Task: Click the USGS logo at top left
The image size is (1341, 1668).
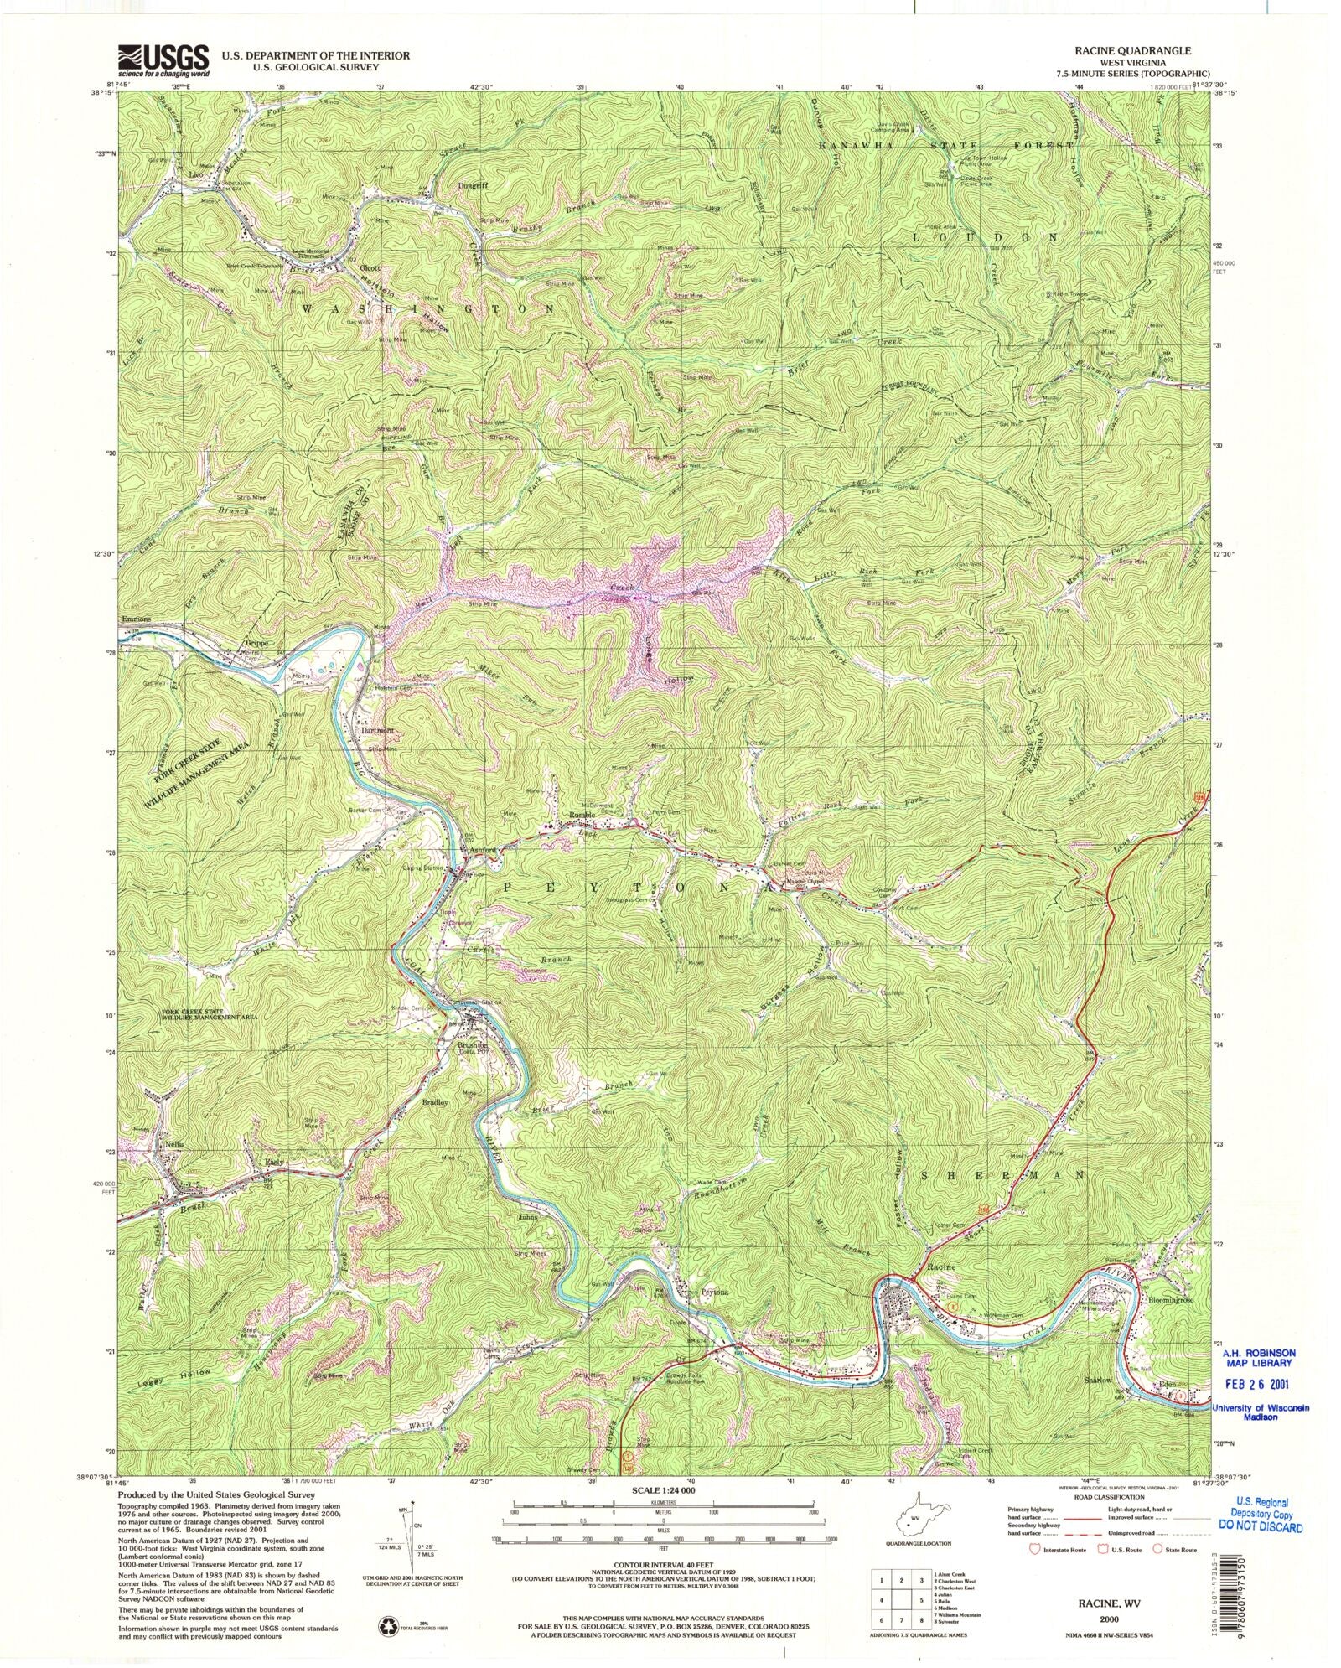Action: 164,59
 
